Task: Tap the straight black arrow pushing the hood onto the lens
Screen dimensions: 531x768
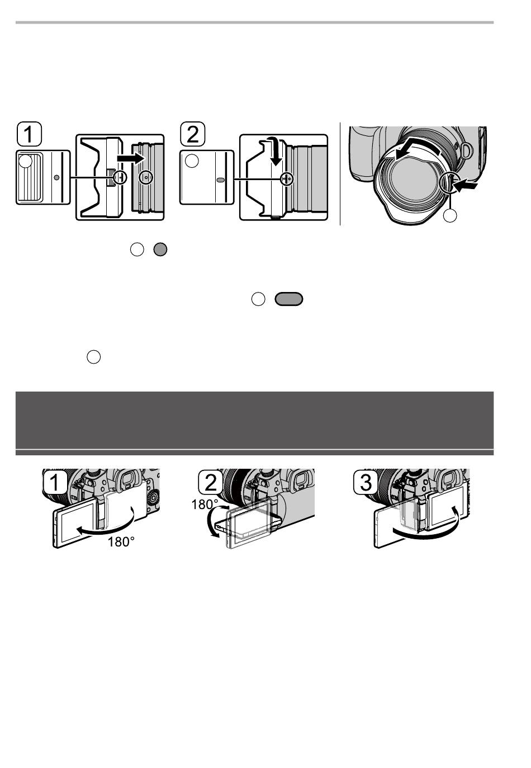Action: (x=130, y=158)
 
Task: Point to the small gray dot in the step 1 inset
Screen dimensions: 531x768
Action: (x=57, y=177)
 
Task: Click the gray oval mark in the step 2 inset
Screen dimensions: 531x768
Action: (x=221, y=180)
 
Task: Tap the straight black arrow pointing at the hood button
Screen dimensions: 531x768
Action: (x=464, y=186)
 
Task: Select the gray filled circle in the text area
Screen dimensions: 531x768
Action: (x=160, y=249)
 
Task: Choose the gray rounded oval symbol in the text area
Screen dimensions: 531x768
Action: (x=289, y=299)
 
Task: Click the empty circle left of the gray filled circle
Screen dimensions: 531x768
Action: (x=137, y=249)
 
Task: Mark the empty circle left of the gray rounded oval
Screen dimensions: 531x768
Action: (x=258, y=299)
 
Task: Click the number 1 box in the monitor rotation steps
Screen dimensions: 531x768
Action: (x=55, y=482)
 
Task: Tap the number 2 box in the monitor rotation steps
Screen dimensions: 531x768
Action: (x=210, y=482)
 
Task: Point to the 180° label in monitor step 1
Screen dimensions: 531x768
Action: (x=121, y=542)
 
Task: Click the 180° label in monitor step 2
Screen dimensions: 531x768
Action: (x=205, y=505)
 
